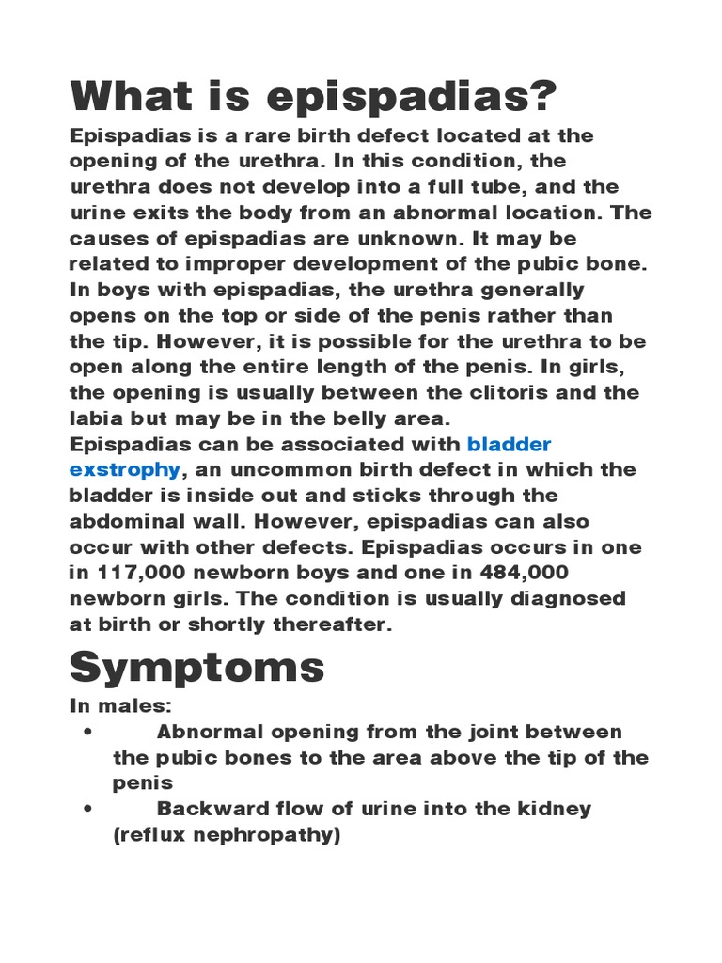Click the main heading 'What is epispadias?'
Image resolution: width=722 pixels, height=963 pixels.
click(314, 97)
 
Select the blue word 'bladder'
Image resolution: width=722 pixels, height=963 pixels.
click(509, 444)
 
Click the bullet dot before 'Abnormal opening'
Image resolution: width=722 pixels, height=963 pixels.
click(86, 733)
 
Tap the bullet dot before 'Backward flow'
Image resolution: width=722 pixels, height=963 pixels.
click(86, 810)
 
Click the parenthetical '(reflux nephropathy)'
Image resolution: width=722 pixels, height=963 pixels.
click(226, 834)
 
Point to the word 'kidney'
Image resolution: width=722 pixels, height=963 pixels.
click(557, 809)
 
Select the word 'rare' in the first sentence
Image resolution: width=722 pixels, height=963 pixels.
click(244, 135)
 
